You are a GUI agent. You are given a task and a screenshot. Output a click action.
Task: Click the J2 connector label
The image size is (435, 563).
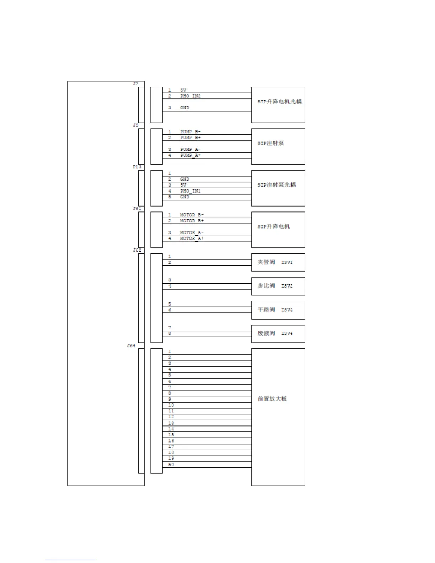point(135,84)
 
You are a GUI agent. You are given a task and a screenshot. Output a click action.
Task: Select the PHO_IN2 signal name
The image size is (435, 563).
point(190,96)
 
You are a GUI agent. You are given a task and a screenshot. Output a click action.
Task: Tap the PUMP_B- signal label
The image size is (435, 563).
point(190,132)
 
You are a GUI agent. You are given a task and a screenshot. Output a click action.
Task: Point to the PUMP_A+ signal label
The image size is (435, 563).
point(190,155)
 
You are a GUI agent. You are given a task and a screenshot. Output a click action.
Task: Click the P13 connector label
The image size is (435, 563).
point(137,167)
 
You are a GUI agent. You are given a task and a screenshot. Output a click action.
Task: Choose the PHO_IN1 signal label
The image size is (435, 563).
point(190,191)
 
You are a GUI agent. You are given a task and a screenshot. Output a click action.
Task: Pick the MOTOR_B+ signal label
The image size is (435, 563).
point(192,221)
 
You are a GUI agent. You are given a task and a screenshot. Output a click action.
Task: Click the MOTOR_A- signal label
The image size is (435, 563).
point(192,232)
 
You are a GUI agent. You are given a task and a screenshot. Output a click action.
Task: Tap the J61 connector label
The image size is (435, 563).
point(137,209)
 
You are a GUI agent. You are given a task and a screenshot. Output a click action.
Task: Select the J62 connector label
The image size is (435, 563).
point(137,250)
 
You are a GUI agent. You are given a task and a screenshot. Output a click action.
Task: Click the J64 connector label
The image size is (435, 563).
point(131,345)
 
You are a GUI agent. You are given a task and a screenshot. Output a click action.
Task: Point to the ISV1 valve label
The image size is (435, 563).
point(287,262)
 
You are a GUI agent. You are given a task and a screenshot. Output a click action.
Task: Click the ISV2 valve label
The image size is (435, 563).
point(287,286)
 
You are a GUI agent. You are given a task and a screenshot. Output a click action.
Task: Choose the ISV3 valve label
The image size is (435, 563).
point(287,310)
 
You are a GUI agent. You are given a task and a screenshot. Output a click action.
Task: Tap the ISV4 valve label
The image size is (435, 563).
point(287,333)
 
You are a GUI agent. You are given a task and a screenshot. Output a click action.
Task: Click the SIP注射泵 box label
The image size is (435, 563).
point(270,143)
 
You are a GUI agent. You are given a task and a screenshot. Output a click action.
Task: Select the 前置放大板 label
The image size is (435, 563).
point(272,399)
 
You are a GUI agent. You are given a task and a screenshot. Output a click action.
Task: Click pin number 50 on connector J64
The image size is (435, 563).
point(171,465)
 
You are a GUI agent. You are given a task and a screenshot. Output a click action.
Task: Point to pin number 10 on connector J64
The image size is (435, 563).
point(171,405)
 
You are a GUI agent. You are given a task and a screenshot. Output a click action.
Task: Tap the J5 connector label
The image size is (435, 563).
point(135,125)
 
